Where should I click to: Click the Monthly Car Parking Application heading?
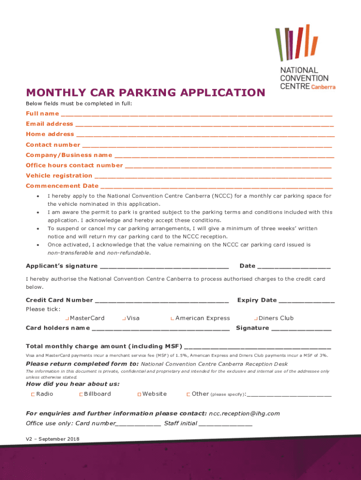click(x=145, y=92)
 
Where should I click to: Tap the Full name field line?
click(x=196, y=114)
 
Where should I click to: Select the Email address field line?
click(x=204, y=125)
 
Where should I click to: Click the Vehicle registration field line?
click(x=213, y=177)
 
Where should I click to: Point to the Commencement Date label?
click(x=62, y=186)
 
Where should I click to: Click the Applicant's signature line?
click(x=165, y=267)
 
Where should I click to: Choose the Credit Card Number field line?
click(x=161, y=301)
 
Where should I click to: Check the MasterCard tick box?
click(x=68, y=319)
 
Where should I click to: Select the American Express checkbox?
click(x=173, y=319)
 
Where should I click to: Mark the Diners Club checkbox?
click(x=256, y=319)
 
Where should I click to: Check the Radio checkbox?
click(x=33, y=395)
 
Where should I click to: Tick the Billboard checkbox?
click(x=81, y=395)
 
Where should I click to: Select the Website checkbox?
click(x=139, y=395)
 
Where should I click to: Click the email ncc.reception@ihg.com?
click(x=244, y=413)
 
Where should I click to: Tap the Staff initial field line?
click(x=226, y=424)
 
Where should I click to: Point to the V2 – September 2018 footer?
click(x=53, y=439)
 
